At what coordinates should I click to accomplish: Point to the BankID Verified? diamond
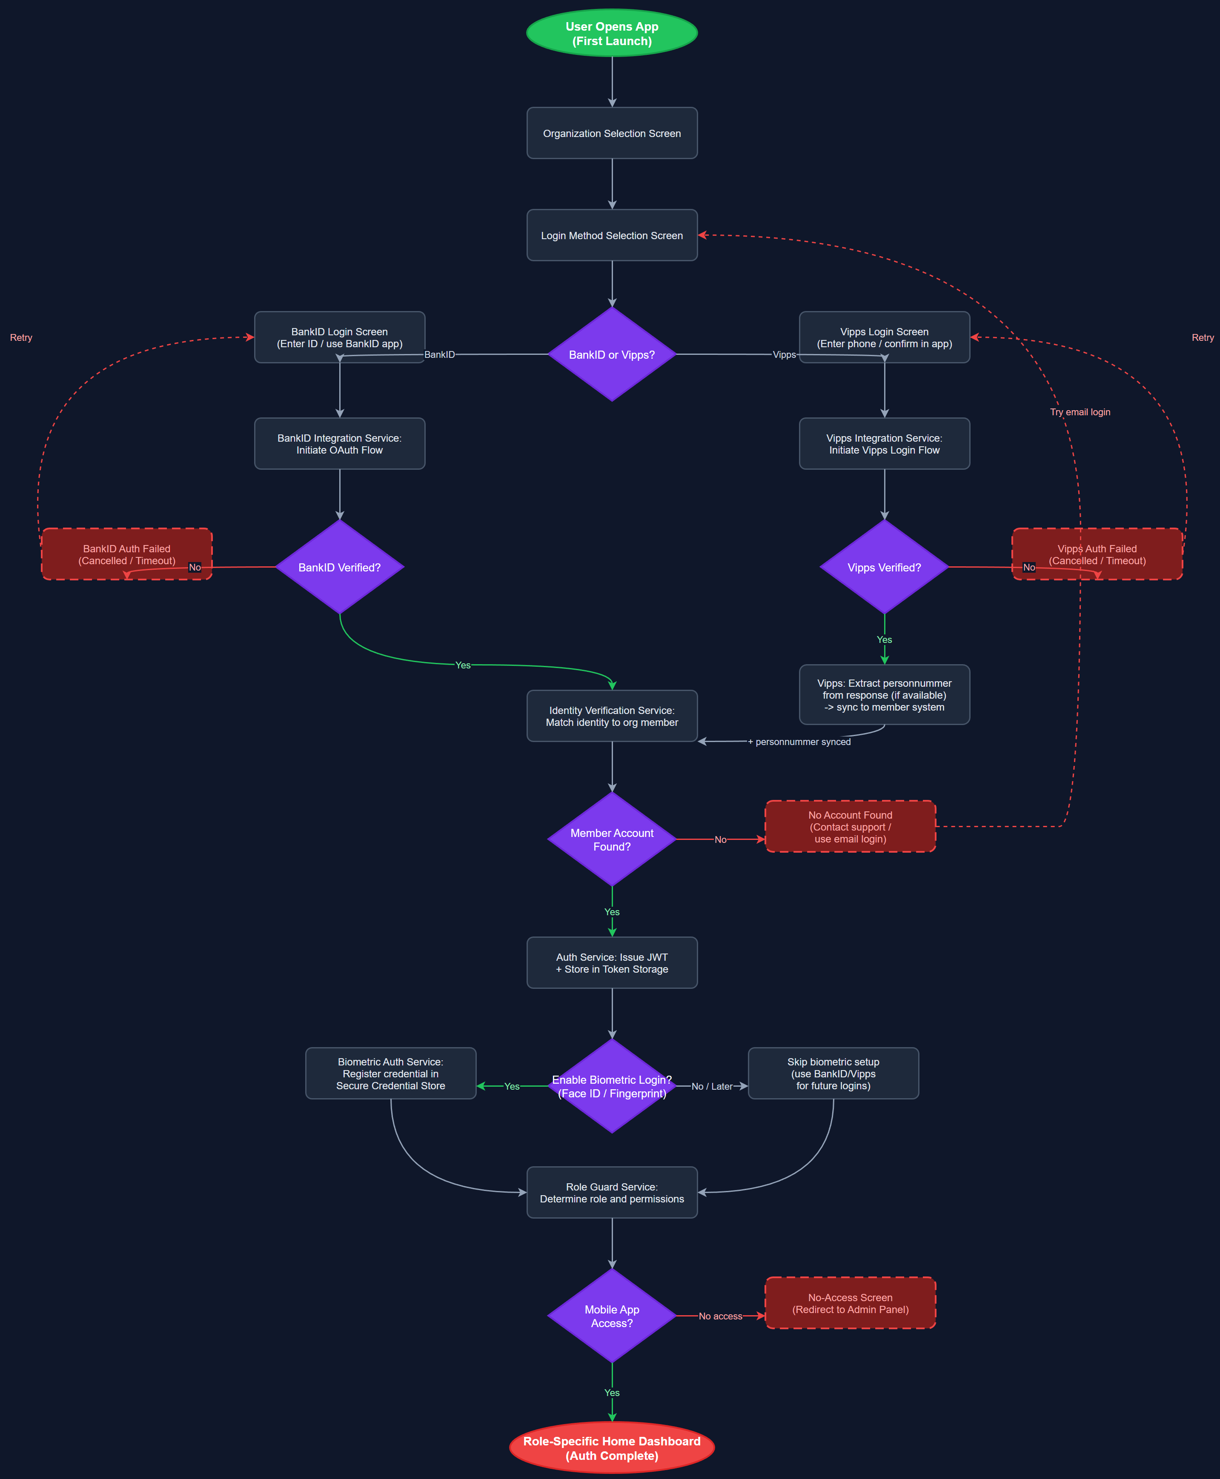click(339, 568)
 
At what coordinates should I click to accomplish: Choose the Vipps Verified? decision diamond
click(884, 568)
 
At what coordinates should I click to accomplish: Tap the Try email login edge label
click(1080, 412)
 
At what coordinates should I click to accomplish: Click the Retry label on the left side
click(21, 338)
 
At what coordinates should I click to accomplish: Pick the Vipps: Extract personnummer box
click(884, 694)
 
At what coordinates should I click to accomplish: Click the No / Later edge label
click(712, 1086)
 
